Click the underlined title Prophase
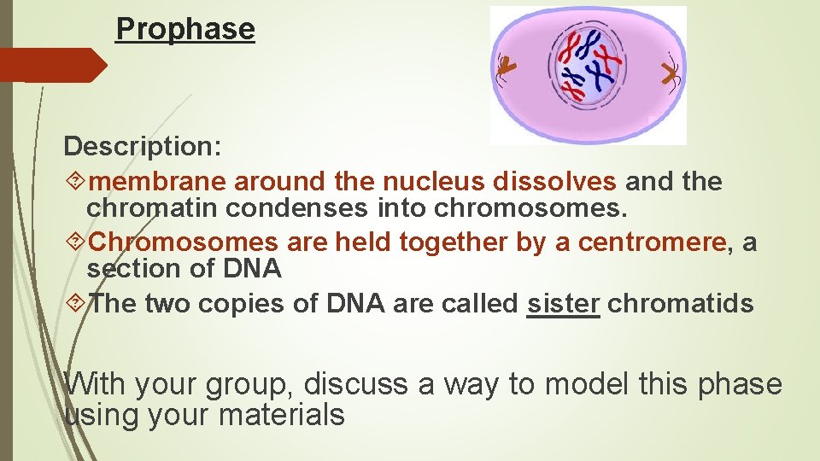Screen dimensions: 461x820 pyautogui.click(x=185, y=29)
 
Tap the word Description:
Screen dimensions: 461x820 pyautogui.click(x=143, y=146)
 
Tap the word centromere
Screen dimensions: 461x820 pyautogui.click(x=652, y=243)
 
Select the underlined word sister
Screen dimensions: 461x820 pyautogui.click(x=563, y=304)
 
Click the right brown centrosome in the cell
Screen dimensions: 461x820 pyautogui.click(x=669, y=74)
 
